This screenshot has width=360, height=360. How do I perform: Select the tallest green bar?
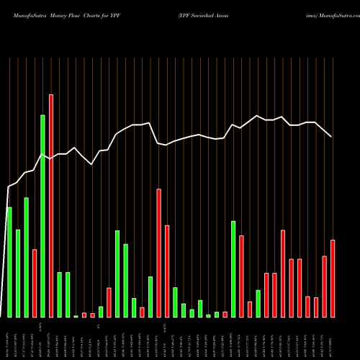click(42, 216)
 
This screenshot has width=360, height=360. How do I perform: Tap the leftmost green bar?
click(9, 262)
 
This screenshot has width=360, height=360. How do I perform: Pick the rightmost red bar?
click(333, 279)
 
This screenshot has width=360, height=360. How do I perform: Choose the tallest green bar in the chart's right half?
click(233, 269)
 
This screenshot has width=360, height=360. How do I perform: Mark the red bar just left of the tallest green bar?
click(35, 283)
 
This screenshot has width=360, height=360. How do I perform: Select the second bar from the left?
click(18, 274)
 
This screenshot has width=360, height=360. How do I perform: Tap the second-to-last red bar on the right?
click(325, 287)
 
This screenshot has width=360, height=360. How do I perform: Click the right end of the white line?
click(332, 136)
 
